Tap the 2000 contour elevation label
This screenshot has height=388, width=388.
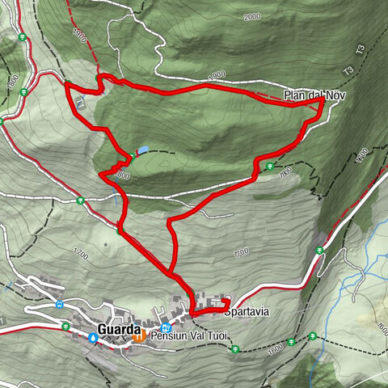[252, 16]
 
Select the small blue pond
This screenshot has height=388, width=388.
[143, 150]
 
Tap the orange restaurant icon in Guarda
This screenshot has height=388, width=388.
[139, 336]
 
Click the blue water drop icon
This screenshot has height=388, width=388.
[93, 339]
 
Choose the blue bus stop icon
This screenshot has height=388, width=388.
[60, 305]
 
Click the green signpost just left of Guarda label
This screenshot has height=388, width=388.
[65, 327]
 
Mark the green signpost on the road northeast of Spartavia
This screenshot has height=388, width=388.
[319, 250]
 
